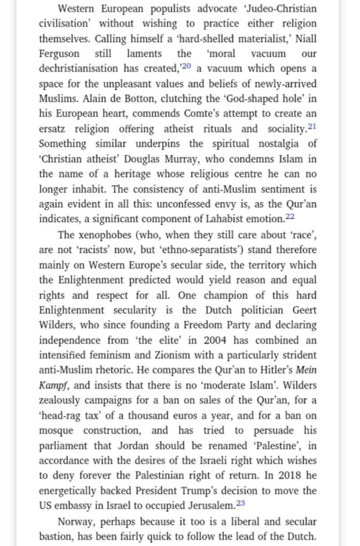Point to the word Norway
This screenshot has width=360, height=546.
pyautogui.click(x=75, y=521)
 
